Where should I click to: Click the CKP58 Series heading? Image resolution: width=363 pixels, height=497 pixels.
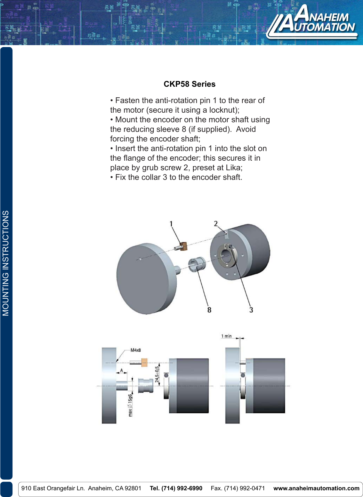(190, 84)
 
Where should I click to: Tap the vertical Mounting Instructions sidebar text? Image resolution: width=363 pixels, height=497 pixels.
(6, 263)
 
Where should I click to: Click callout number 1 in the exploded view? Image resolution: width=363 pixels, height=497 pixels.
(171, 224)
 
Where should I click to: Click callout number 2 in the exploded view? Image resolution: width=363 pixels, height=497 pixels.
(216, 223)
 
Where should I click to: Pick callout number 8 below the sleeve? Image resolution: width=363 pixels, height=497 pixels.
(209, 310)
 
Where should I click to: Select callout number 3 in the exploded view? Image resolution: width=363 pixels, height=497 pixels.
(251, 310)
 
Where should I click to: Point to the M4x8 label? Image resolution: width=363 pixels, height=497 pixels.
(135, 350)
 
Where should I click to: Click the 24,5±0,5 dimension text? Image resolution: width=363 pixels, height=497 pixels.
(157, 374)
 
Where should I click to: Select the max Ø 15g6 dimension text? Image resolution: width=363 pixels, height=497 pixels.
(130, 405)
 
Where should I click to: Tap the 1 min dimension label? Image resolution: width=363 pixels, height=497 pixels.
(226, 336)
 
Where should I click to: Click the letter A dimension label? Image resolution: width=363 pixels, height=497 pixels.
(121, 370)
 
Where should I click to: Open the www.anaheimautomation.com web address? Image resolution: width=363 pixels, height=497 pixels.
(316, 488)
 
